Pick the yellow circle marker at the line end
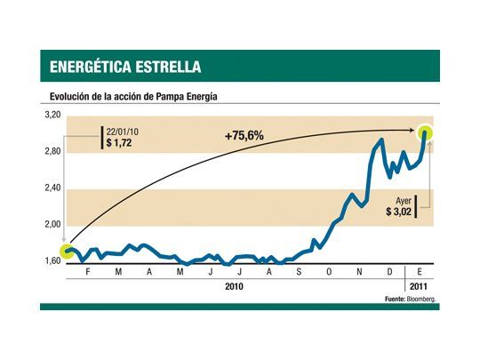[x=427, y=133]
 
